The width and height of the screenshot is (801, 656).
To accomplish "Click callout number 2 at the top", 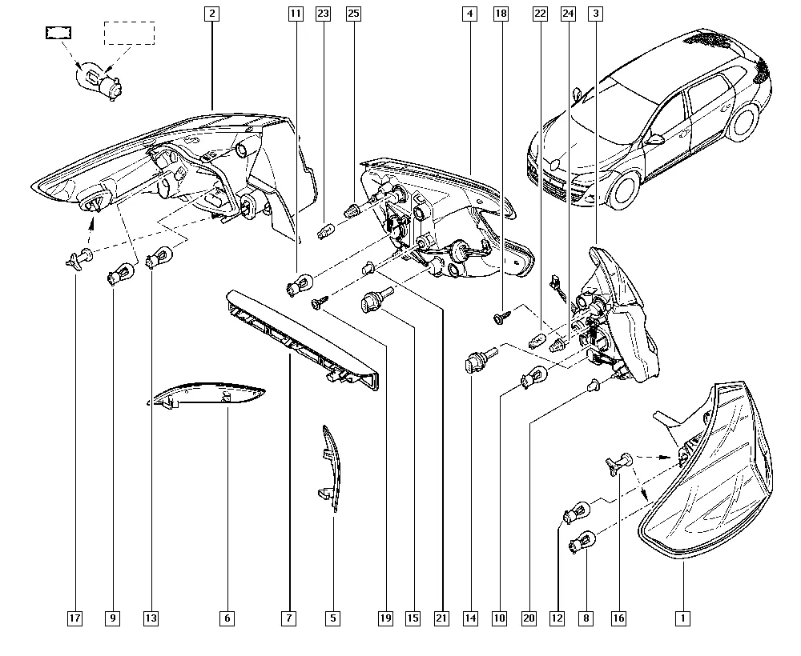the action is click(211, 14).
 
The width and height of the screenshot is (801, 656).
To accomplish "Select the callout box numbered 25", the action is click(353, 14).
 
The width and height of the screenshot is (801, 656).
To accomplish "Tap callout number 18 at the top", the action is click(501, 14).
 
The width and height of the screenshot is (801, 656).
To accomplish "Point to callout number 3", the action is click(596, 14).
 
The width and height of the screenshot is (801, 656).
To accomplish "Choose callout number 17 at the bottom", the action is click(74, 618).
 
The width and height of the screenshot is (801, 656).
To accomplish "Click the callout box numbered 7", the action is click(288, 618).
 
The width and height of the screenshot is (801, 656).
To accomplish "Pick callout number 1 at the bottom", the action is click(682, 618).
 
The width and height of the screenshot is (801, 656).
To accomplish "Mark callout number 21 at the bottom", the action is click(441, 618).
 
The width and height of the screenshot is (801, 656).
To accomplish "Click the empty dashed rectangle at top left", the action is click(130, 33).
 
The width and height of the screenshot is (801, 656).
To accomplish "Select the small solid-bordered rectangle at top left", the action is click(58, 33).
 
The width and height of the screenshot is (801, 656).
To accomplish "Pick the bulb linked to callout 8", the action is click(582, 542).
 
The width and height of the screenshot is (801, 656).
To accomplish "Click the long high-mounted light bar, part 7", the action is click(303, 340).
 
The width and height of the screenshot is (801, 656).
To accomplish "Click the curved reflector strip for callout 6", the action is click(206, 395).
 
